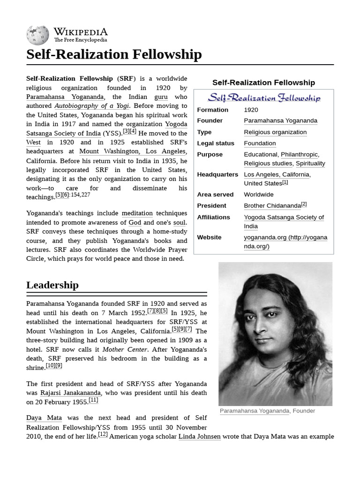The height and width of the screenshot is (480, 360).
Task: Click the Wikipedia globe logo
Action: pyautogui.click(x=38, y=34)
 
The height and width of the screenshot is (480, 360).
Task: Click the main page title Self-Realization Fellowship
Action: pyautogui.click(x=114, y=54)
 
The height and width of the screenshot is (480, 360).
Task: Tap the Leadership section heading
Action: pyautogui.click(x=52, y=285)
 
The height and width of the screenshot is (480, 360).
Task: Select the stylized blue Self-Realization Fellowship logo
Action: pyautogui.click(x=264, y=98)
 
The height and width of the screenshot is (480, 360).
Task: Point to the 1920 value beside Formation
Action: pyautogui.click(x=251, y=110)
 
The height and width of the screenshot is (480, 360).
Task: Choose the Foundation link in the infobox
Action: pyautogui.click(x=260, y=143)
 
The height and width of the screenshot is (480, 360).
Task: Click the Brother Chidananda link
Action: pyautogui.click(x=272, y=206)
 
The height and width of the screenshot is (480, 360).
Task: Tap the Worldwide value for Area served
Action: pyautogui.click(x=259, y=195)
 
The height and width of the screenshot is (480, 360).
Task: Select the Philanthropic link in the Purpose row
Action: pyautogui.click(x=300, y=154)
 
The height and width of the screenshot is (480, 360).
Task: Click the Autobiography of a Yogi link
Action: pyautogui.click(x=91, y=106)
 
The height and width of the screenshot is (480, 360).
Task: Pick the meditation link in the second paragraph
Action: pyautogui.click(x=137, y=213)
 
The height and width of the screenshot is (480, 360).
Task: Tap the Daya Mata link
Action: pyautogui.click(x=44, y=418)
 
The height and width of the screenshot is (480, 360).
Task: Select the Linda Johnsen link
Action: pyautogui.click(x=199, y=436)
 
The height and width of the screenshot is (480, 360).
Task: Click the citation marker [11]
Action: pyautogui.click(x=93, y=400)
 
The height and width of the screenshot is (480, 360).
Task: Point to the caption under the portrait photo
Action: pyautogui.click(x=267, y=411)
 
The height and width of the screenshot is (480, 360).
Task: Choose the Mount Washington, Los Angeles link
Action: pyautogui.click(x=133, y=151)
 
